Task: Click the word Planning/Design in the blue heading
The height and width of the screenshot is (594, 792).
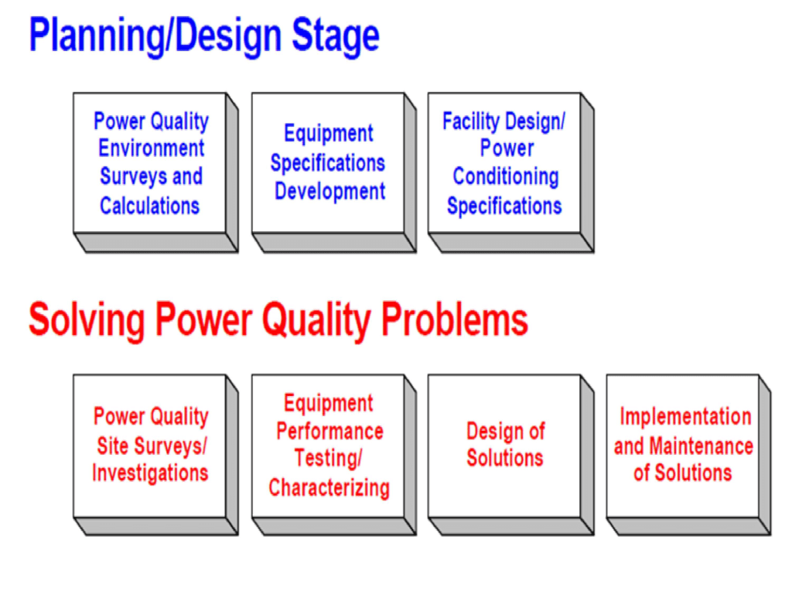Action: pyautogui.click(x=155, y=36)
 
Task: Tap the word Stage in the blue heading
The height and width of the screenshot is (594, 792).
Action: pyautogui.click(x=336, y=36)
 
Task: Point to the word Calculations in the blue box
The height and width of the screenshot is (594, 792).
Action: pyautogui.click(x=150, y=206)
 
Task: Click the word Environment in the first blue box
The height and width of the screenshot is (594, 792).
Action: pyautogui.click(x=152, y=148)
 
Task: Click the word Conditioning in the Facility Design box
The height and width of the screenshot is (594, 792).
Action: pyautogui.click(x=506, y=177)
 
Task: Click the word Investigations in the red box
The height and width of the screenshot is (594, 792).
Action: pyautogui.click(x=150, y=473)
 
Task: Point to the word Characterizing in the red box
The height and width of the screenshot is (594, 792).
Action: pyautogui.click(x=329, y=487)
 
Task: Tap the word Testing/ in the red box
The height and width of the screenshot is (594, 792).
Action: pyautogui.click(x=329, y=459)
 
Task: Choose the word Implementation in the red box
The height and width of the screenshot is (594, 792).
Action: pyautogui.click(x=685, y=417)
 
